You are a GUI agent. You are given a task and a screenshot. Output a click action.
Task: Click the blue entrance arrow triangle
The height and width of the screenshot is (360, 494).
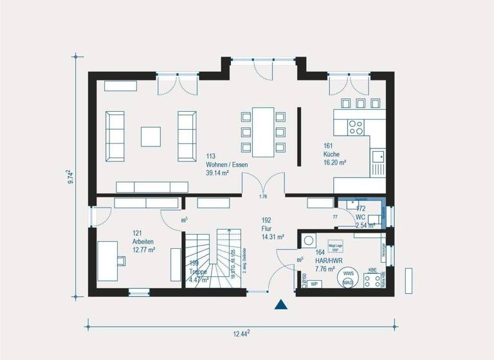(280, 305)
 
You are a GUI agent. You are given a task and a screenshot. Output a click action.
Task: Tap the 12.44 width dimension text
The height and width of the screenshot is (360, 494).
(241, 332)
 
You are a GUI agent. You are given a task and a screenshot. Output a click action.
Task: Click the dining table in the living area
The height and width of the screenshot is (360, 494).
(263, 132)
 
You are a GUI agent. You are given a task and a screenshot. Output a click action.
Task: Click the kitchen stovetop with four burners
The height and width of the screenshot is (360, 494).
(356, 127)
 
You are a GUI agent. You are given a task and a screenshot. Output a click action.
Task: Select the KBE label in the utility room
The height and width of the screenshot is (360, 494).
(372, 270)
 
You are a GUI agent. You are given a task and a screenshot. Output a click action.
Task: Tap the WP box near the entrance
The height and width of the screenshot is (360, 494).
(315, 283)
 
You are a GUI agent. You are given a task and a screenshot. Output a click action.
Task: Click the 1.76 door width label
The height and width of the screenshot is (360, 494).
(262, 196)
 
